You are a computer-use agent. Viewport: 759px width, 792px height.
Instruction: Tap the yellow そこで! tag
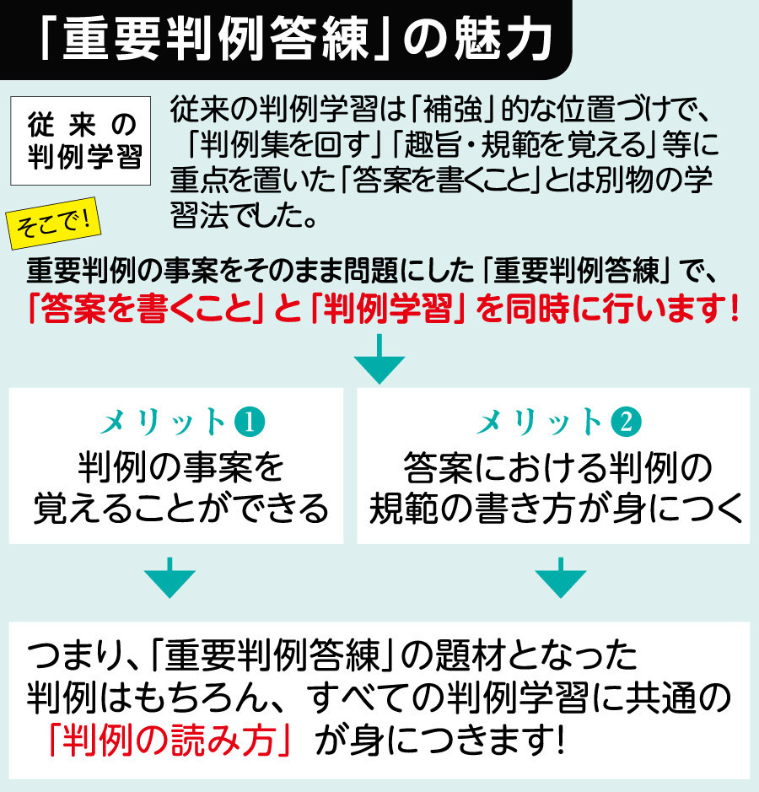coord(53,224)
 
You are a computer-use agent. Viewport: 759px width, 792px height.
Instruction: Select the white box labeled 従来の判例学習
coord(81,140)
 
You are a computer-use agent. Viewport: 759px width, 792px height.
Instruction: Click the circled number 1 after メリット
coord(250,423)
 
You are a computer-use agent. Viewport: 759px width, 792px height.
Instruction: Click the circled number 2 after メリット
coord(627,423)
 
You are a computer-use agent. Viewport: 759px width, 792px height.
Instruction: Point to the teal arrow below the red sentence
coord(379,358)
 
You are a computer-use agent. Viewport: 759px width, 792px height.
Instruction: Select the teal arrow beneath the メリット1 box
coord(170,578)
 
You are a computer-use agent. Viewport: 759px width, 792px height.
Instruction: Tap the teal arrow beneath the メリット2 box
coord(561,578)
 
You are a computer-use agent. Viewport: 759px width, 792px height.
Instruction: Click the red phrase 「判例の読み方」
coord(170,741)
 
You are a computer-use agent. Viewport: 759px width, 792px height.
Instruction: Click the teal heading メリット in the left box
coord(163,423)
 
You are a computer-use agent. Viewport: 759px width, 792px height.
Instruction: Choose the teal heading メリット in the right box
coord(540,423)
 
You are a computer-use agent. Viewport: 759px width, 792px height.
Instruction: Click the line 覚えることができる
coord(180,508)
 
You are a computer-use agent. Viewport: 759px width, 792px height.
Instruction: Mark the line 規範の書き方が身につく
coord(556,508)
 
